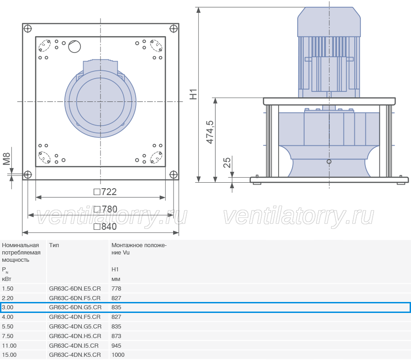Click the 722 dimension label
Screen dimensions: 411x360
[x=105, y=192]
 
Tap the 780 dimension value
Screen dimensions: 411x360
[x=105, y=209]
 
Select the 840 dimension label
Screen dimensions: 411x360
[x=105, y=227]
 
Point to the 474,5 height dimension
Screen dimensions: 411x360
[x=210, y=132]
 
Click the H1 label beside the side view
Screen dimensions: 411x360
[x=193, y=95]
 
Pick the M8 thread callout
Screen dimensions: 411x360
[x=6, y=159]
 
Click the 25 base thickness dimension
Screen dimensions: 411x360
[x=227, y=163]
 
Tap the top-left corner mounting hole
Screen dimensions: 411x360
[x=27, y=29]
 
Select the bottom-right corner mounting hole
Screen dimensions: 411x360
[x=174, y=175]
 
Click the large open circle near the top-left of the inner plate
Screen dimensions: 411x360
[x=74, y=47]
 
